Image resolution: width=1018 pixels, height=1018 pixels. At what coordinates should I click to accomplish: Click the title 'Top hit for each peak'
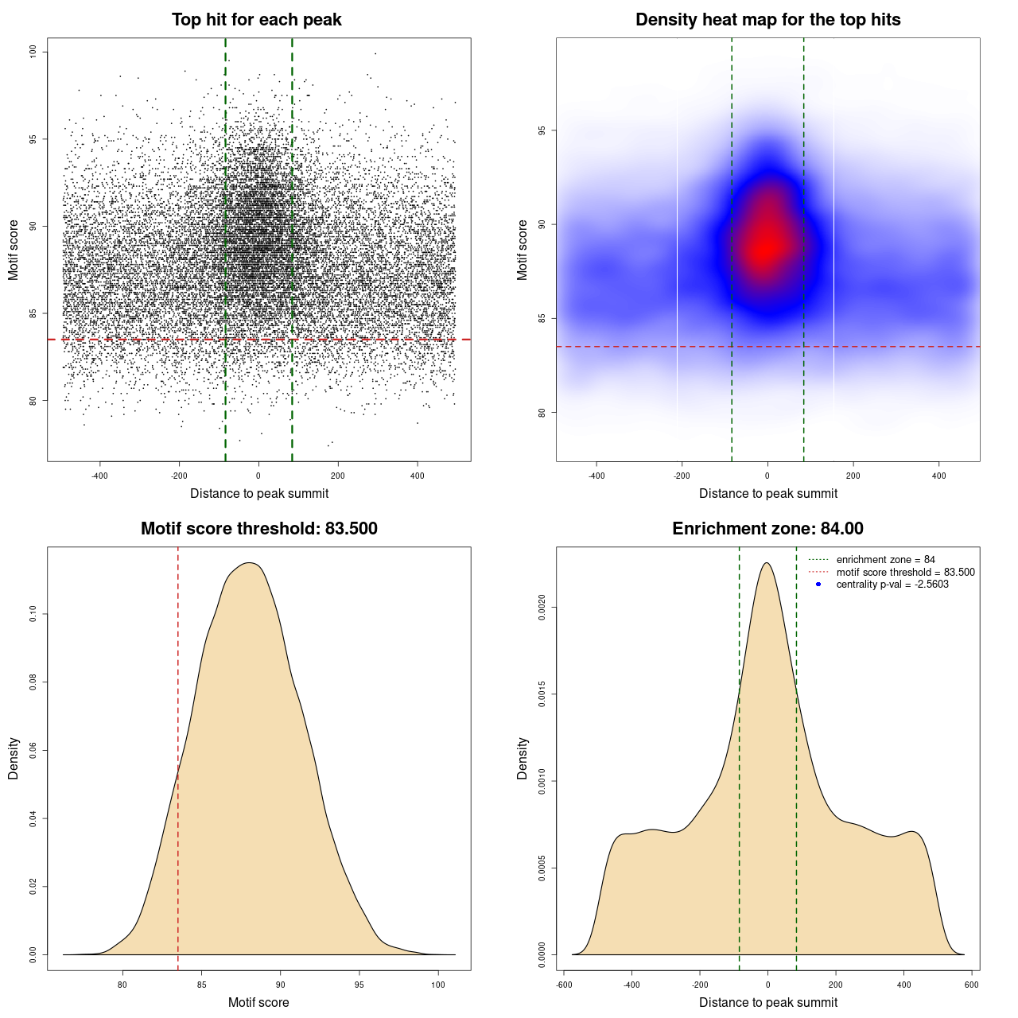coord(256,20)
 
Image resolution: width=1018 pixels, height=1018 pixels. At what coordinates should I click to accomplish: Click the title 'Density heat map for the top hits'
coord(767,20)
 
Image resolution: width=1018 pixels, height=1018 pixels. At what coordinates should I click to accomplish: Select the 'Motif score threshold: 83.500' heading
coord(258,529)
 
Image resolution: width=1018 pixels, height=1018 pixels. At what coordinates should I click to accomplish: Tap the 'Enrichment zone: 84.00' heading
coord(767,529)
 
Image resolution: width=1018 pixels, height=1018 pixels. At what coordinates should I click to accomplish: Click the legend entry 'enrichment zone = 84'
coord(885,560)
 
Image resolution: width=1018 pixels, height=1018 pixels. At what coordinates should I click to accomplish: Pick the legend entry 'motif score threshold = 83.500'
coord(905,572)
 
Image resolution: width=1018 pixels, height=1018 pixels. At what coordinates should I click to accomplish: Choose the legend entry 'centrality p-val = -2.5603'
coord(892,585)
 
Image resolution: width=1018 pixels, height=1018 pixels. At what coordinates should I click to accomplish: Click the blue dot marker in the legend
coord(818,585)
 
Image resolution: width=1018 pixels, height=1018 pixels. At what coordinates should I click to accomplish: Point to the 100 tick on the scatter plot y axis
coord(33,52)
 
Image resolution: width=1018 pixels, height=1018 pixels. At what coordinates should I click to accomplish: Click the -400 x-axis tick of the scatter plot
coord(100,476)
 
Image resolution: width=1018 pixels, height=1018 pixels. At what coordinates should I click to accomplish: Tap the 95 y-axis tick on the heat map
coord(542,130)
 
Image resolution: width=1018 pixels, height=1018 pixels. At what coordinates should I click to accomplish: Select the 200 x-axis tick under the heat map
coord(853,476)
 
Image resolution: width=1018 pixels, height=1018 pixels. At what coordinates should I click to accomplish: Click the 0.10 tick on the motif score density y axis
coord(33,614)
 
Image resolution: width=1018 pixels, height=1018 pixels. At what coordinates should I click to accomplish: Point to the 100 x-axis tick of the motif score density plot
coord(438,985)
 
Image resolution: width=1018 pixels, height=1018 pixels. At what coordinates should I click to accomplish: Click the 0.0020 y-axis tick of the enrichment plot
coord(542,608)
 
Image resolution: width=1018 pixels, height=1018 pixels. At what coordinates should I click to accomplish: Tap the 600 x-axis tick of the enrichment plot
coord(972,985)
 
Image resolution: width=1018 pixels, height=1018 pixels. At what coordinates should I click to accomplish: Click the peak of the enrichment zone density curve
coord(767,563)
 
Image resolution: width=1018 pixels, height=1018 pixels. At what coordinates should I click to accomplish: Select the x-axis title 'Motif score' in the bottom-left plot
coord(258,1002)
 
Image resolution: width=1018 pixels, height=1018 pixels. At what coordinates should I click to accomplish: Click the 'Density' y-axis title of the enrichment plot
coord(523,758)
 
